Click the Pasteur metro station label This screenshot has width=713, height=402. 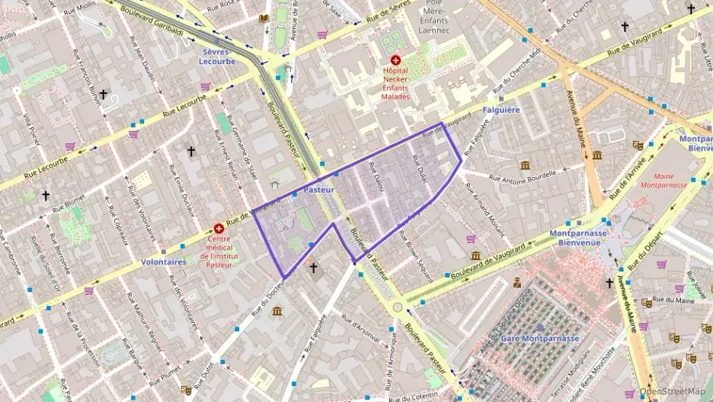320,188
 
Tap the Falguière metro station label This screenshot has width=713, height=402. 501,110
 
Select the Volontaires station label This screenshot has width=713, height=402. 164,262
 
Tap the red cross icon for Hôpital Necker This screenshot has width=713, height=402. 395,59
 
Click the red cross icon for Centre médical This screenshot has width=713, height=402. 219,228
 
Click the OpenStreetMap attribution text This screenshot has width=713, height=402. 672,391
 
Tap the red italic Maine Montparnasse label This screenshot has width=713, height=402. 659,180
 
